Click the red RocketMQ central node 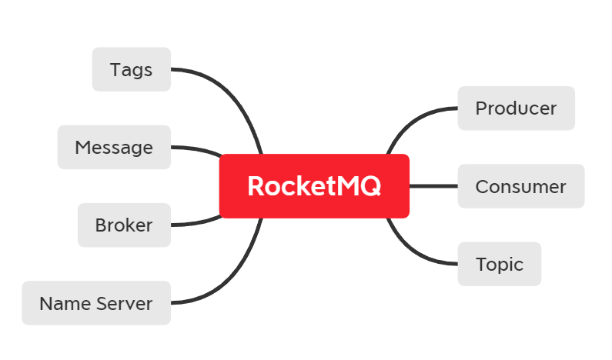(314, 186)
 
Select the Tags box (131, 69)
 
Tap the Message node (113, 147)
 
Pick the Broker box (124, 225)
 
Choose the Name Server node (95, 303)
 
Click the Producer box (516, 108)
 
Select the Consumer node (520, 186)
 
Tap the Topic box (499, 264)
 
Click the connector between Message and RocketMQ (196, 148)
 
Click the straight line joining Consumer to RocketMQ (433, 186)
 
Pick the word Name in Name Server (65, 303)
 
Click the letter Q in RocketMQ (371, 187)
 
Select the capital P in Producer (481, 108)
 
